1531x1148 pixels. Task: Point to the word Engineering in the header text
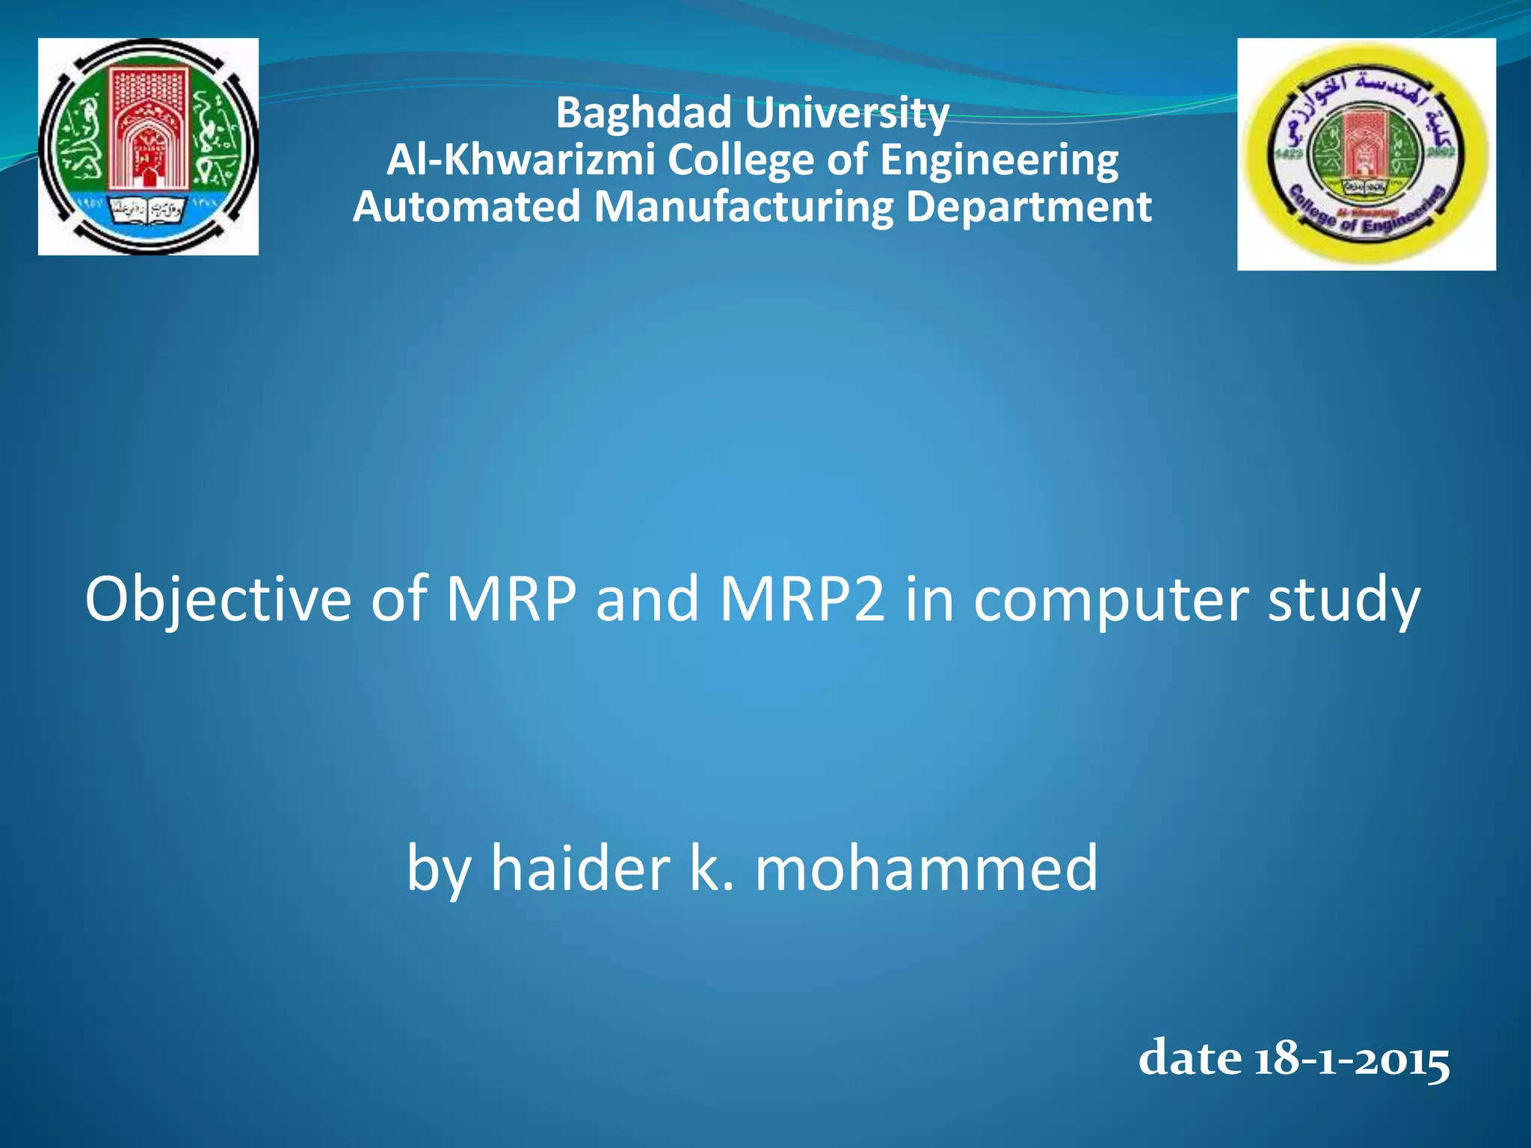[999, 160]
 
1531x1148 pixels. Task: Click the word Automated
[466, 206]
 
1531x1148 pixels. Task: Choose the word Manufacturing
[743, 206]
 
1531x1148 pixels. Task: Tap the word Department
[1029, 206]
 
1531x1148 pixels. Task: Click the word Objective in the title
[218, 599]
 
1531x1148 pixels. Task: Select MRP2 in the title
[802, 599]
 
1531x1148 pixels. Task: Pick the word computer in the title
[1110, 599]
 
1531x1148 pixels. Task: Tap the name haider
[580, 868]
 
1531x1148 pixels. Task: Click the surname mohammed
[926, 868]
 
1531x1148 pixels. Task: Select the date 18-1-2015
[1352, 1060]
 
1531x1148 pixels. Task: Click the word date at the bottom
[1190, 1060]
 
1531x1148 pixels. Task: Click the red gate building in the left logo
[149, 127]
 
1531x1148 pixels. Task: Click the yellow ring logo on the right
[1366, 154]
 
